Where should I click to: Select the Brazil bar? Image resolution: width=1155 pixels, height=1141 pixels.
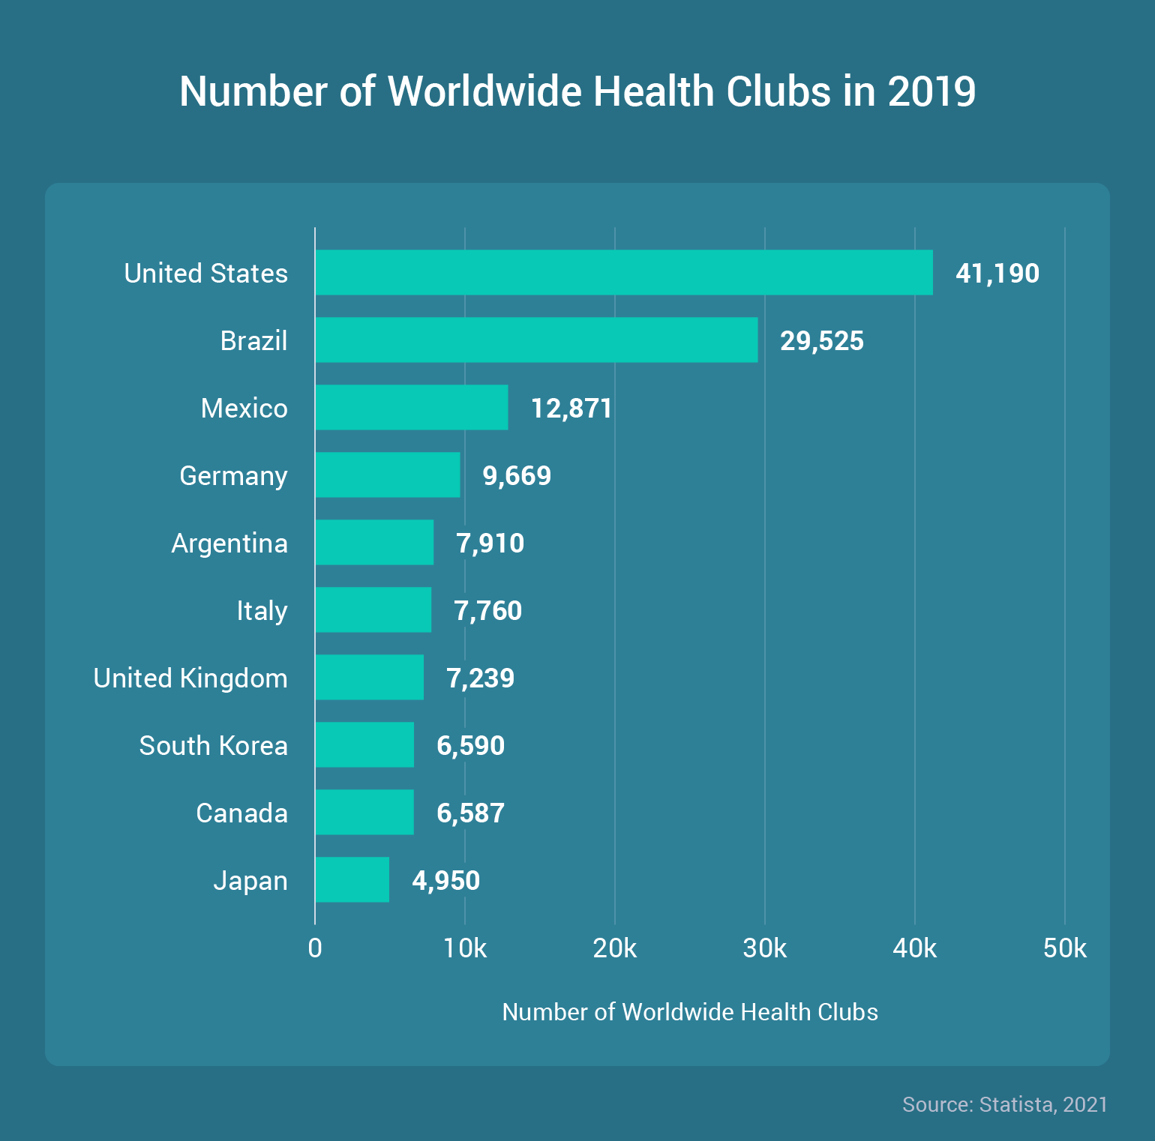tap(536, 340)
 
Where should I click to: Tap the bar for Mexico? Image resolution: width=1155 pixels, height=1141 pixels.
tap(412, 407)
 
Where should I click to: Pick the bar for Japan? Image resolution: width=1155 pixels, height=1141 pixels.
tap(352, 879)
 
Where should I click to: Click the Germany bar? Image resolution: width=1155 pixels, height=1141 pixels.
tap(388, 475)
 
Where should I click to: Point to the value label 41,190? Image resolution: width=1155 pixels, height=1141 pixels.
tap(997, 274)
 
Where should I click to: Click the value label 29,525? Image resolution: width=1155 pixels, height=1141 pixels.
tap(821, 341)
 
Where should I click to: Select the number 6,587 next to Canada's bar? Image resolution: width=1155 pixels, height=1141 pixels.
tap(470, 813)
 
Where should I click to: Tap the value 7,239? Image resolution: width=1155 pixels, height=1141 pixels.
tap(480, 678)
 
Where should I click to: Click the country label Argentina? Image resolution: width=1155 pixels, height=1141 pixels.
tap(229, 544)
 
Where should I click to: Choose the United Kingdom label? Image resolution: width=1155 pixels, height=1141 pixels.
tap(190, 678)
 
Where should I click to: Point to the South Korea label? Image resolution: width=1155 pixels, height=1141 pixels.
tap(213, 746)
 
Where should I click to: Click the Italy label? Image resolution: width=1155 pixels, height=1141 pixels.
tap(262, 611)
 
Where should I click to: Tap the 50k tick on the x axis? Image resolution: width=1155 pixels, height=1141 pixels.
tap(1064, 948)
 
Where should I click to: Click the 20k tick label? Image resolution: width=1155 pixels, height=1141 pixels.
tap(614, 948)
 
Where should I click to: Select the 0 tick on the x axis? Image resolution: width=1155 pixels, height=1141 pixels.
tap(315, 948)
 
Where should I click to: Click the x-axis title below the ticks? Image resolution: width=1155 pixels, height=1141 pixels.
tap(689, 1012)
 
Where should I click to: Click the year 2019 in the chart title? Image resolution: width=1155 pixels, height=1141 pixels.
tap(931, 91)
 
